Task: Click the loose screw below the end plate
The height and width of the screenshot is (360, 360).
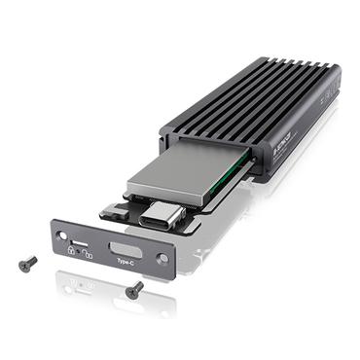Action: pyautogui.click(x=134, y=290)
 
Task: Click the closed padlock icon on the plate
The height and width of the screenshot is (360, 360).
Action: pyautogui.click(x=71, y=249)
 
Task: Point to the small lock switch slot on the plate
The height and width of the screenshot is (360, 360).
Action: pyautogui.click(x=79, y=239)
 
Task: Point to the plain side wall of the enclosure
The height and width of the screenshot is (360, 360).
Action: pyautogui.click(x=302, y=141)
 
